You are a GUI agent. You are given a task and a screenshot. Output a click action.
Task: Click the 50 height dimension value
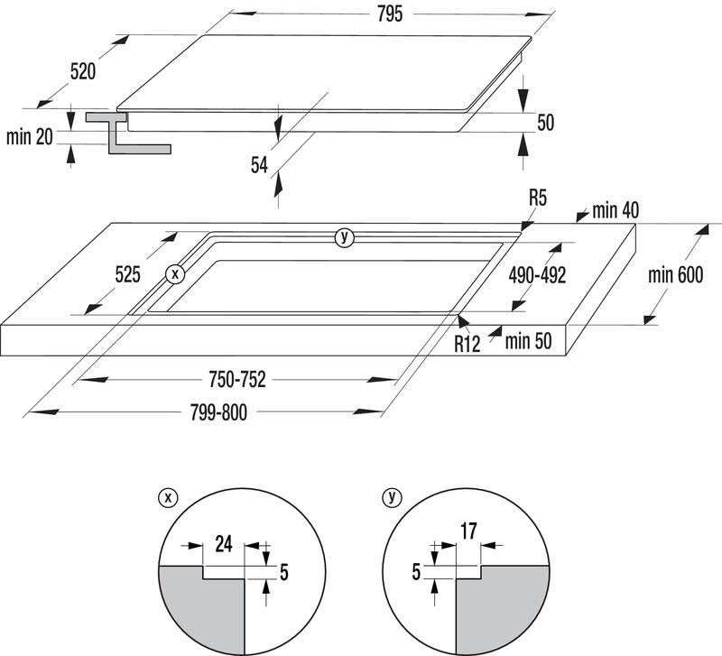[x=544, y=124]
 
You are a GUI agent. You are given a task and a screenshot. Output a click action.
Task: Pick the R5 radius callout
[x=539, y=196]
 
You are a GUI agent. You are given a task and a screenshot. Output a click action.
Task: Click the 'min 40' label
[x=616, y=210]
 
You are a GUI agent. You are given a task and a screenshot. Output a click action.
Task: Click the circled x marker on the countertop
[x=175, y=273]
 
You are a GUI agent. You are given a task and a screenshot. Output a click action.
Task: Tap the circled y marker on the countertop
[x=343, y=237]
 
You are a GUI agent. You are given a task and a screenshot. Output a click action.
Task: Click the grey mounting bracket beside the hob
[x=118, y=133]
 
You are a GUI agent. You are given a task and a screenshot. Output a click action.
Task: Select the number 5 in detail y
[x=416, y=571]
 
